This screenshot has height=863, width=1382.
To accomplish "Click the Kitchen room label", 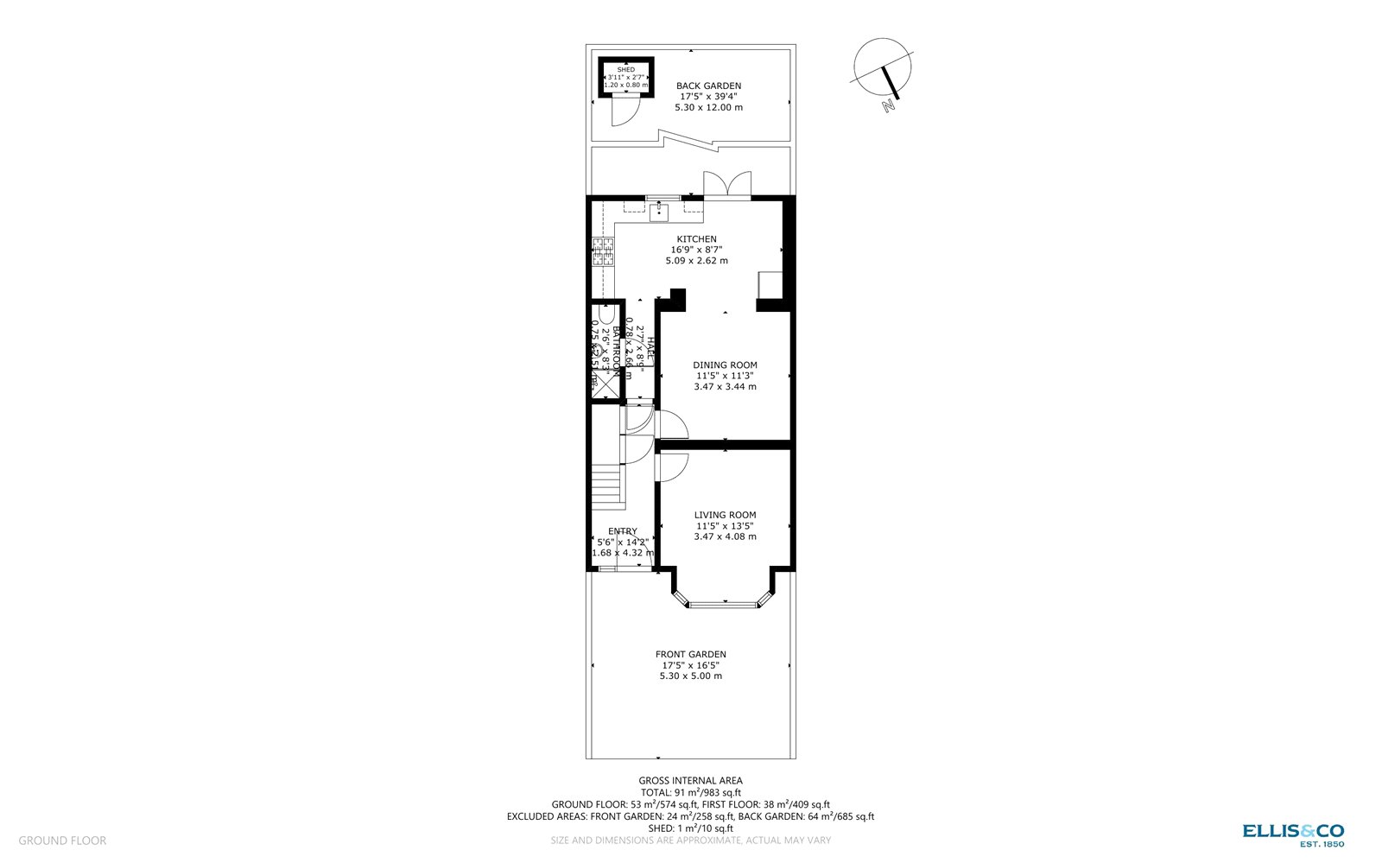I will pyautogui.click(x=696, y=239).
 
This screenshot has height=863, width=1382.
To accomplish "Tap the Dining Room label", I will pyautogui.click(x=725, y=365).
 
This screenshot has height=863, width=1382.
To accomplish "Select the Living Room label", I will pyautogui.click(x=725, y=515).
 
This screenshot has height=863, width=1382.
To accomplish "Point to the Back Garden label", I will pyautogui.click(x=708, y=86).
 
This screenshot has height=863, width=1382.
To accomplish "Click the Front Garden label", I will pyautogui.click(x=690, y=654).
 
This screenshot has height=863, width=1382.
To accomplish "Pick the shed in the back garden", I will pyautogui.click(x=625, y=77).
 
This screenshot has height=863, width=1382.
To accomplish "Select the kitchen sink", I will pyautogui.click(x=659, y=211).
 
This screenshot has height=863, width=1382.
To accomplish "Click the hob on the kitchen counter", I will pyautogui.click(x=600, y=252).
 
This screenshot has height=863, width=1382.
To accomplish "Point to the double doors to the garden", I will pyautogui.click(x=726, y=185).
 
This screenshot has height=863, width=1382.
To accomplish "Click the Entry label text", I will pyautogui.click(x=623, y=531).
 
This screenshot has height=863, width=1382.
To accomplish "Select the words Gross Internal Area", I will pyautogui.click(x=690, y=781).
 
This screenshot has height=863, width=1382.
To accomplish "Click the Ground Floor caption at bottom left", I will pyautogui.click(x=62, y=841).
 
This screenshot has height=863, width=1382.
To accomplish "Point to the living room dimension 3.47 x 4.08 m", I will pyautogui.click(x=725, y=536).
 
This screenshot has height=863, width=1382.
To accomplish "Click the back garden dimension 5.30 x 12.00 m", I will pyautogui.click(x=708, y=107).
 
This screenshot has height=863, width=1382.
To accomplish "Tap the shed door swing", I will pyautogui.click(x=624, y=110).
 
